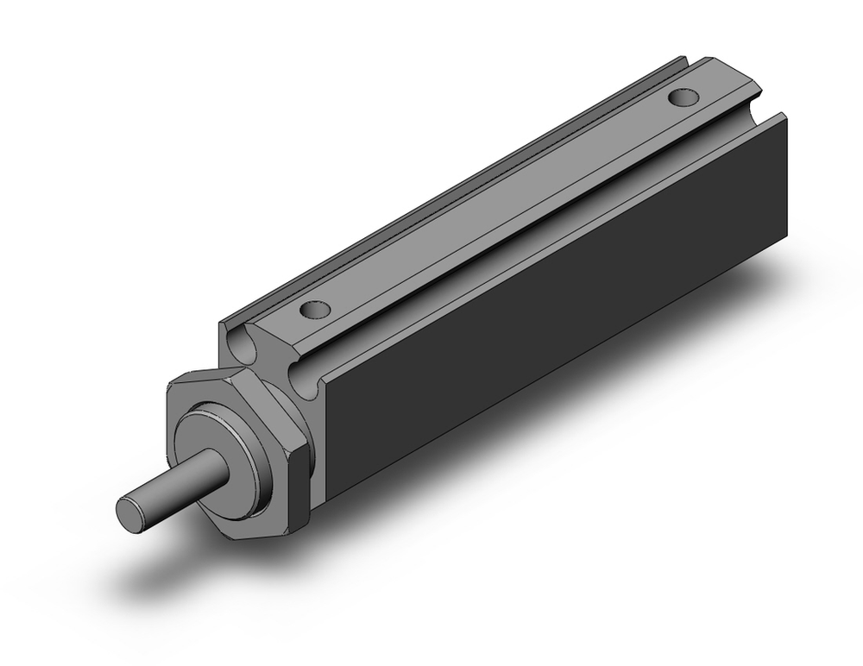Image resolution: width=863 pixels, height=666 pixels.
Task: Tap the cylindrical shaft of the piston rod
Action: [x=190, y=482]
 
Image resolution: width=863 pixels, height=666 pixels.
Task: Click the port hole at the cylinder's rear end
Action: [x=686, y=97]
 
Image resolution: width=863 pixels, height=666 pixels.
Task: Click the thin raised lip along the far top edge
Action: [x=449, y=181]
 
